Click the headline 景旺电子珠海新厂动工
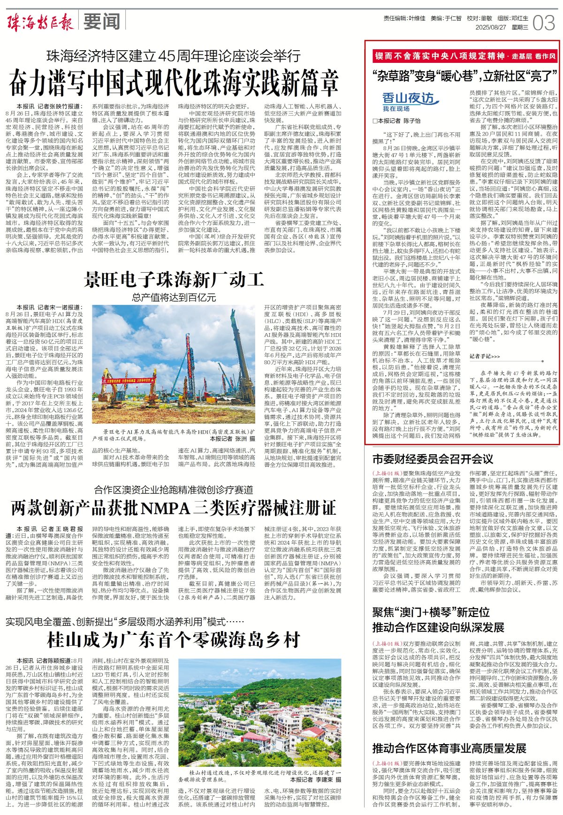point(174,280)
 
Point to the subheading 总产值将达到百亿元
point(174,297)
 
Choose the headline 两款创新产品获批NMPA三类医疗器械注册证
point(174,508)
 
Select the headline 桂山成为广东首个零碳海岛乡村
point(174,640)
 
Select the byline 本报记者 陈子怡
point(399,121)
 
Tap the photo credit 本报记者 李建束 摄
point(315,780)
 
